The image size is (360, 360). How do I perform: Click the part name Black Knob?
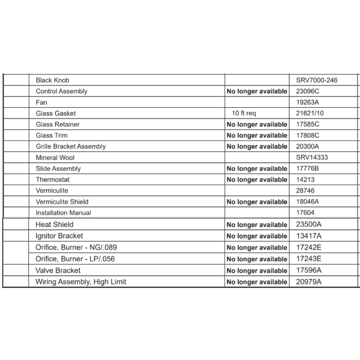point(53,80)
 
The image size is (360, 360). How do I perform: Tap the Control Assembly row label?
point(62,91)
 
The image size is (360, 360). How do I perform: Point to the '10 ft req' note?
point(244,113)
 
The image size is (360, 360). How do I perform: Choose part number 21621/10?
point(310,113)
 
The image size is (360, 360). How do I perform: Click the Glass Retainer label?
point(58,125)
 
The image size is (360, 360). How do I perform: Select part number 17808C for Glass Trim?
point(307,136)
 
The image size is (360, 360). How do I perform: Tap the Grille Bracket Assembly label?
point(71,147)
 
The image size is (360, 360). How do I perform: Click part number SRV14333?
point(312,158)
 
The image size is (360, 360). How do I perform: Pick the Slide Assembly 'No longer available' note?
point(257,169)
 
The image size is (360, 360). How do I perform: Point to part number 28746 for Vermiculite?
point(305,191)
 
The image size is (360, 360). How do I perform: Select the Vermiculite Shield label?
point(62,202)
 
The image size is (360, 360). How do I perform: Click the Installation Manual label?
point(63,213)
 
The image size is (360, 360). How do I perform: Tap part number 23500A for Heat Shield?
point(309,225)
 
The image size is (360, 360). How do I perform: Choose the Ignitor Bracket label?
point(59,236)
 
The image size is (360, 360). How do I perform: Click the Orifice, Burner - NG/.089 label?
point(76,248)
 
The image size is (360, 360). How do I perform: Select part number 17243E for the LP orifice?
point(309,259)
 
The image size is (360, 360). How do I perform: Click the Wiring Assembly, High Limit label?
point(81,282)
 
